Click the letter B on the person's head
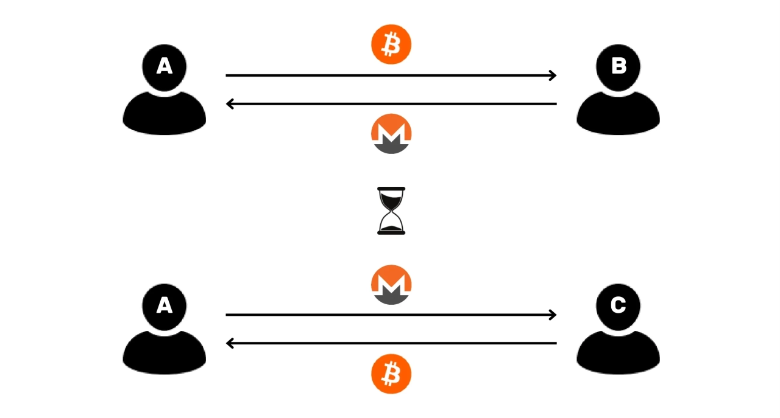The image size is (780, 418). (618, 66)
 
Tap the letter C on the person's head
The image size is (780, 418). (618, 305)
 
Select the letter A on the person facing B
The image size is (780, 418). (165, 66)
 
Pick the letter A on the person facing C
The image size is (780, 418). (165, 305)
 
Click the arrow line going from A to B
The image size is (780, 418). (390, 75)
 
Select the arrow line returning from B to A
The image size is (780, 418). (390, 104)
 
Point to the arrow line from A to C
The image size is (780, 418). (390, 315)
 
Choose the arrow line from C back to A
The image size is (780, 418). (390, 344)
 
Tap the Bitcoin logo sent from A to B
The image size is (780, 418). (391, 44)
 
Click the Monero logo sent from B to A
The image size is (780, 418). (391, 133)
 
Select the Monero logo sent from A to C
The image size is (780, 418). (391, 284)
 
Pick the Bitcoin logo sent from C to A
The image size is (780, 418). (391, 374)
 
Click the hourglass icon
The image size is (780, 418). (391, 211)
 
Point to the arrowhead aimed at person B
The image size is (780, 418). (553, 75)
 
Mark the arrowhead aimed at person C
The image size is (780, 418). (553, 315)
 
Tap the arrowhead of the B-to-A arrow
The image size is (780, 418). (230, 104)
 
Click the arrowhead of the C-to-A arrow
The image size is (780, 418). (230, 344)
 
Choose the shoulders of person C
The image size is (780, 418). (618, 355)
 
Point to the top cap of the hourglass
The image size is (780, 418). (391, 189)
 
